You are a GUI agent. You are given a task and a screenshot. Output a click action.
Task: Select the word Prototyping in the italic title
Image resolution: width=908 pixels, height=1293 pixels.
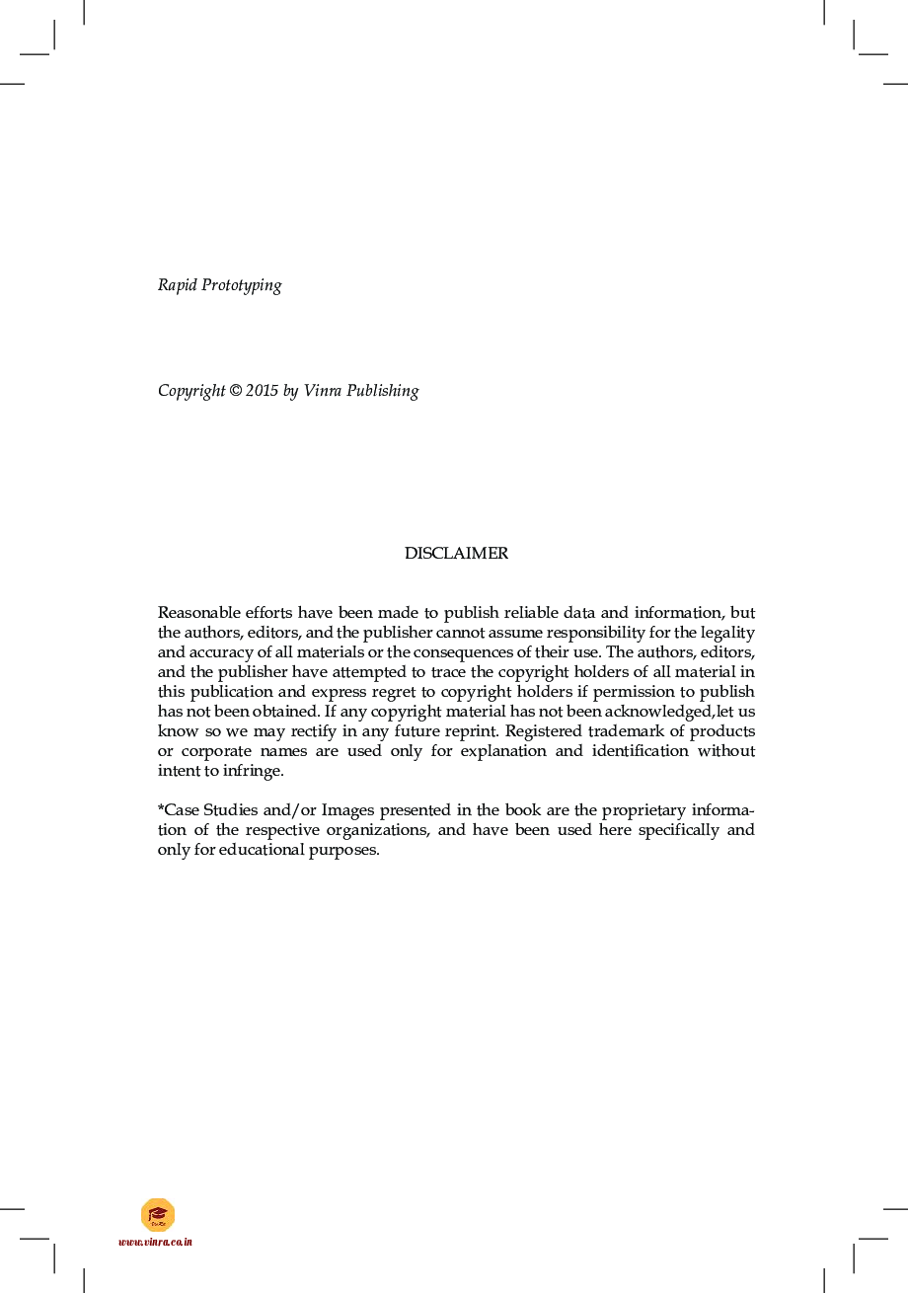coord(242,286)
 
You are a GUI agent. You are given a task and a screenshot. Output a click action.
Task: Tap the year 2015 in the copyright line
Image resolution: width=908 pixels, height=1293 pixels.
coord(263,391)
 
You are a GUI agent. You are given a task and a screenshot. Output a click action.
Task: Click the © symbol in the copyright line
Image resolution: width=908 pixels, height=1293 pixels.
coord(235,391)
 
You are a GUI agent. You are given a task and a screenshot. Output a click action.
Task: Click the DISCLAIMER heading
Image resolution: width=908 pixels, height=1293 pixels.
coord(456,554)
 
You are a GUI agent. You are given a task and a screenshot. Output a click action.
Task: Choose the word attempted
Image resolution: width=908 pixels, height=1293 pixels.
coord(364,672)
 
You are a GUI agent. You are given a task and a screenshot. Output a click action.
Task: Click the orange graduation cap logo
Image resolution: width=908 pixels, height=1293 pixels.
coord(157,1215)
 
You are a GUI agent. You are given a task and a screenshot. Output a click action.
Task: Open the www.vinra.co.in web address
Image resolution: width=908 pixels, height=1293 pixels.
coord(155,1242)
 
